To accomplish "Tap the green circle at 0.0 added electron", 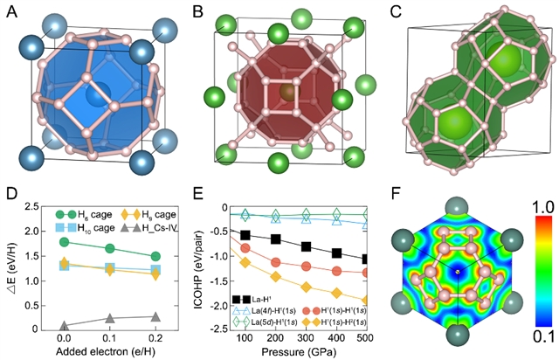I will (64, 242).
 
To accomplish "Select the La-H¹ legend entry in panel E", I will (245, 298).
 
